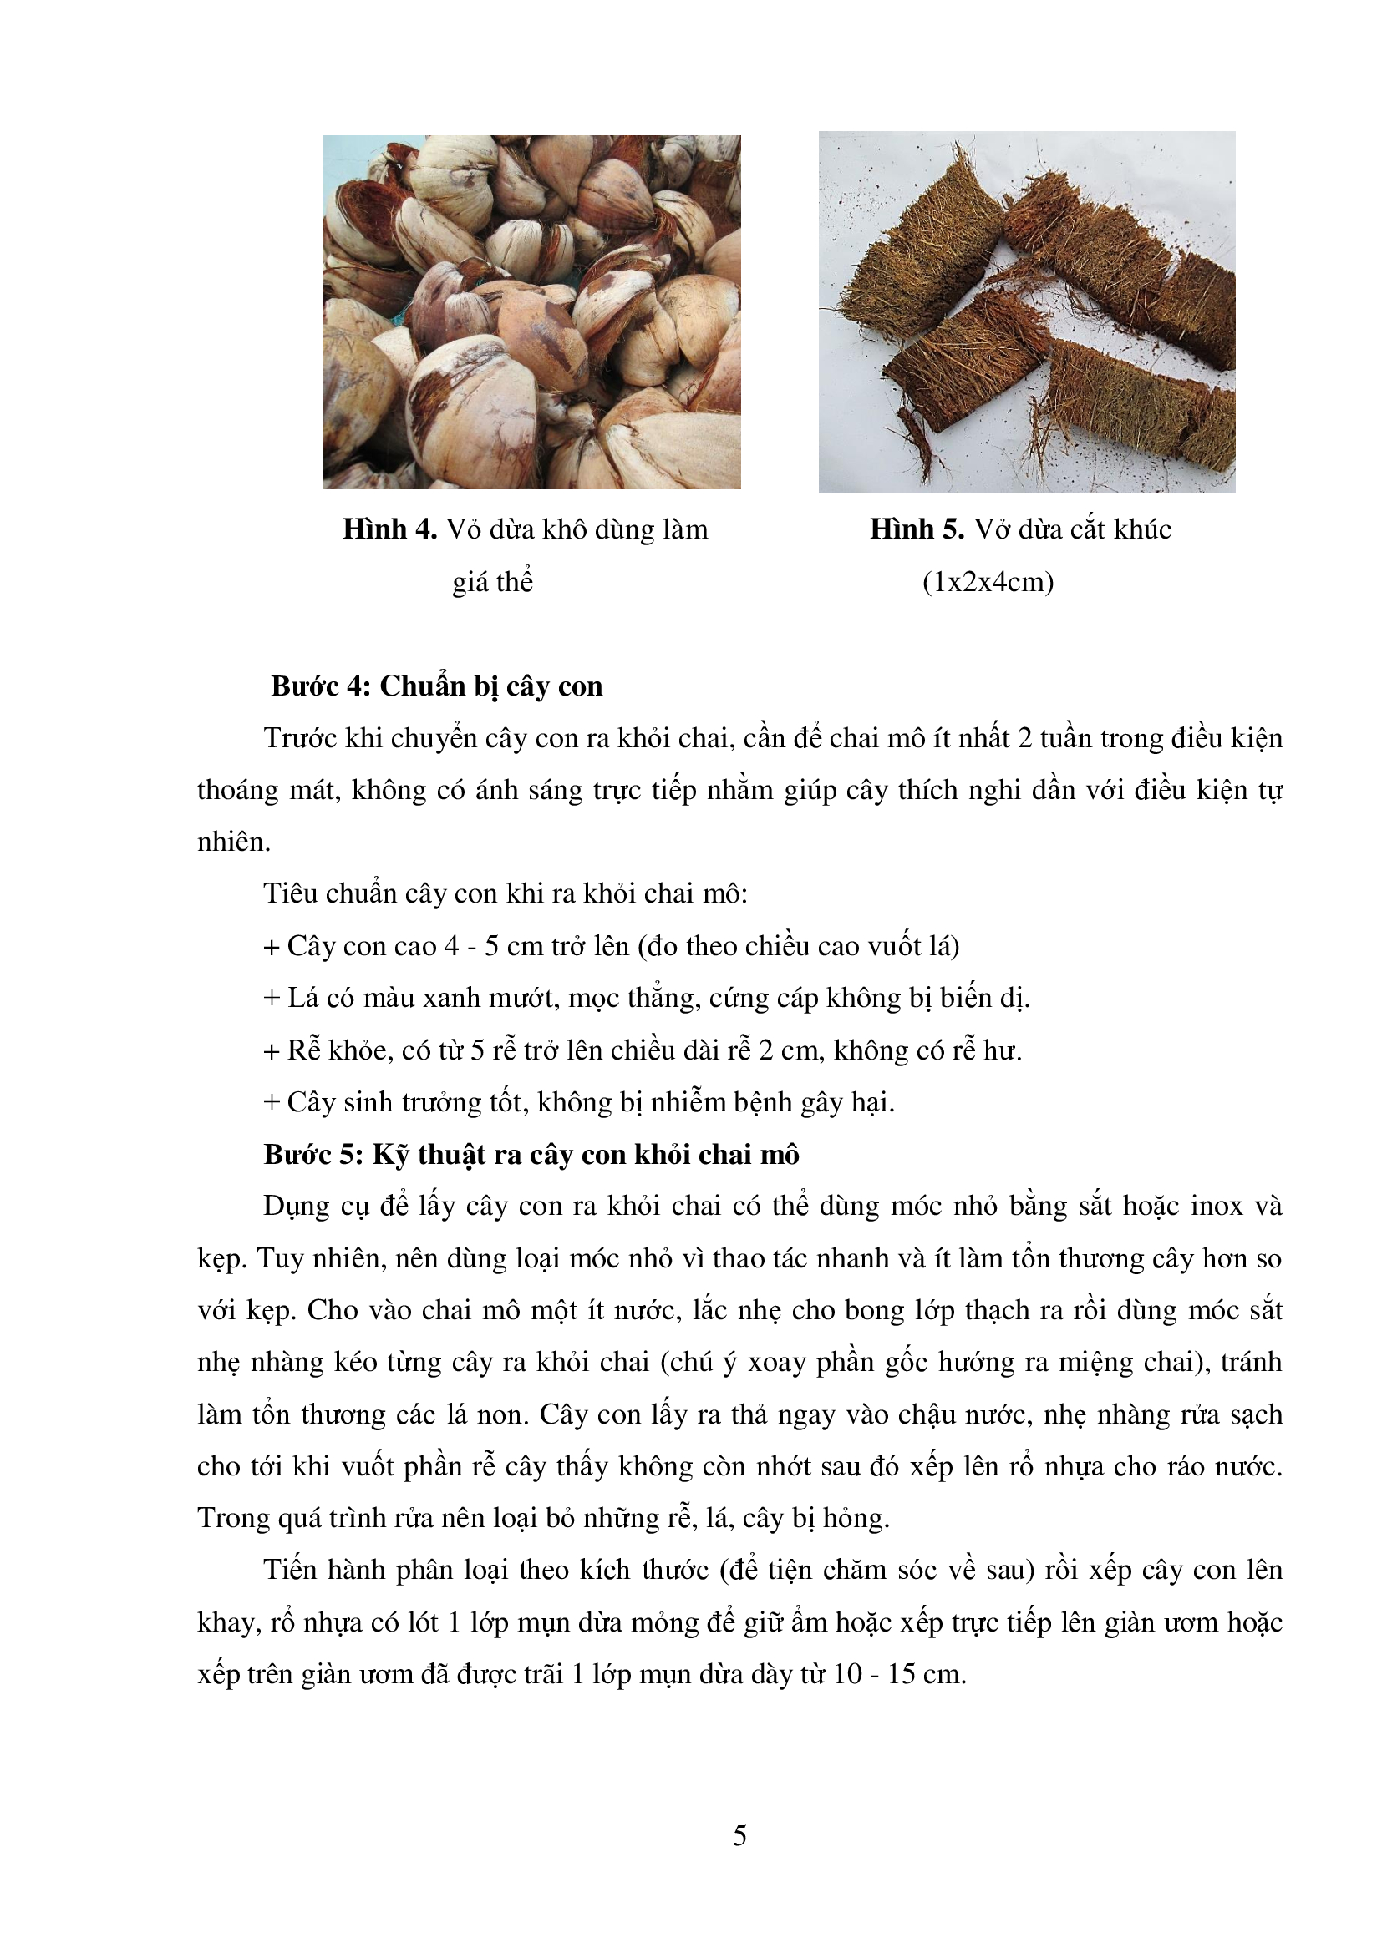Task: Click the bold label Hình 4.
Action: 389,529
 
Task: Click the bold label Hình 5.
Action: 916,529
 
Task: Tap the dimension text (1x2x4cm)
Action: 987,582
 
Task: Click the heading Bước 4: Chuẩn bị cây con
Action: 436,686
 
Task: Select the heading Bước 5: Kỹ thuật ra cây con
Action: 531,1154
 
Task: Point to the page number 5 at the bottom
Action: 739,1835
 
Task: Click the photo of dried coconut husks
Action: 532,312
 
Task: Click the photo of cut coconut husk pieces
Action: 1026,312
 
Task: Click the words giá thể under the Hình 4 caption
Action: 492,582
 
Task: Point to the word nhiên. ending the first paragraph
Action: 234,842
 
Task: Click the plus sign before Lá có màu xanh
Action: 272,999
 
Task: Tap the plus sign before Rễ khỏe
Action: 272,1051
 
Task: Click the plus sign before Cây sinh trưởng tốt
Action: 272,1103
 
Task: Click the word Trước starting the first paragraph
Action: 300,737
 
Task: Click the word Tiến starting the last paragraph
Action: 290,1571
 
